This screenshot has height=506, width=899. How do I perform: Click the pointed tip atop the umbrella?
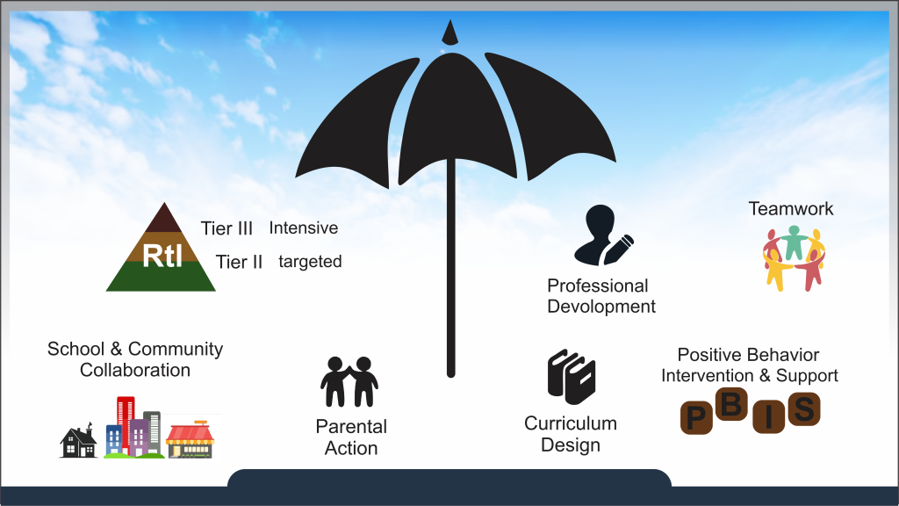tap(450, 33)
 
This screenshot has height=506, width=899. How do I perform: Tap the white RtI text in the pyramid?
tap(162, 256)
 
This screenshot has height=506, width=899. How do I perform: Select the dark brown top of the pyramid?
tap(164, 219)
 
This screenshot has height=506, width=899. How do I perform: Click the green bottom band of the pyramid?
tap(162, 277)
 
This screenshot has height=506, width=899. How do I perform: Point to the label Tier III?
tap(227, 228)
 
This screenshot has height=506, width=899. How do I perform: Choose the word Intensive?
tap(303, 228)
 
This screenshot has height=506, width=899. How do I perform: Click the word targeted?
tap(310, 262)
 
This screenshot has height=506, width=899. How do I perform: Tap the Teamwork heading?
tap(791, 209)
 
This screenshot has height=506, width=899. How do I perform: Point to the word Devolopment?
tap(601, 307)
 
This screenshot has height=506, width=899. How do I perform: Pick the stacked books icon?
tap(571, 376)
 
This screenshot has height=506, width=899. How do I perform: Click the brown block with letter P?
tap(696, 417)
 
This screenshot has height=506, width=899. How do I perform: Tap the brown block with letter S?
tap(804, 409)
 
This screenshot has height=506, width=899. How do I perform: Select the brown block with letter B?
tap(731, 404)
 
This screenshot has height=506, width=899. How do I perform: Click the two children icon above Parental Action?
tap(349, 381)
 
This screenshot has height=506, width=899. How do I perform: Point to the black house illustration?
tap(79, 441)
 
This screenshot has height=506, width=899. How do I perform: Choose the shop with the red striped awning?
tap(191, 440)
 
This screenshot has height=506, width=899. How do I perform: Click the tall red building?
tap(125, 422)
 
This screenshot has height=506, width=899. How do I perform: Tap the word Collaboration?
tap(134, 370)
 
